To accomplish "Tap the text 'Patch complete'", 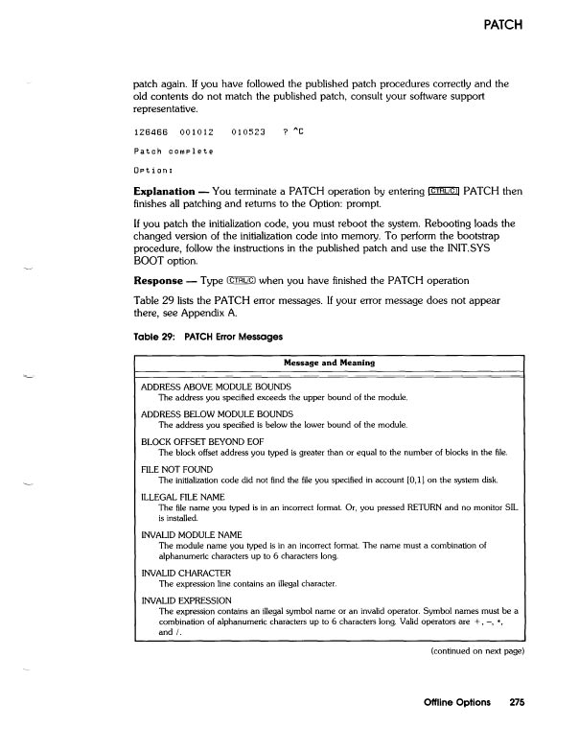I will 173,152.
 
